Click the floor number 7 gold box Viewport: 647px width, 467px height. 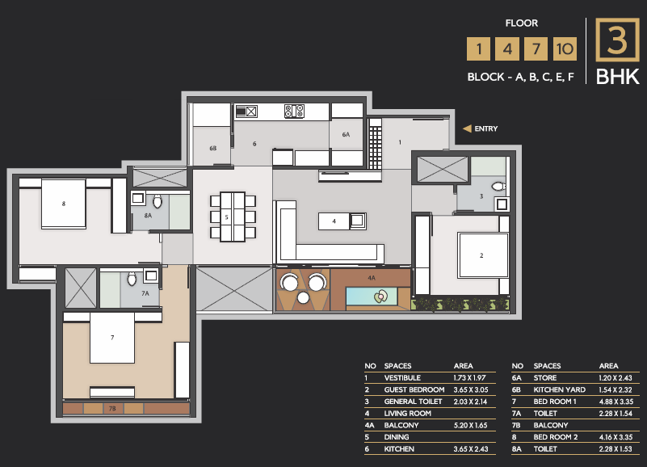click(x=536, y=48)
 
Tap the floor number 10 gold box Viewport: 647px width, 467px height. click(x=565, y=48)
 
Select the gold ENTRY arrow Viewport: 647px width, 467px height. click(x=467, y=128)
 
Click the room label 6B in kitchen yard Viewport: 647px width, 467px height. click(x=213, y=148)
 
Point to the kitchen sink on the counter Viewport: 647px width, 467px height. click(x=246, y=111)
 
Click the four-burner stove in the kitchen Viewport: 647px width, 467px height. click(x=294, y=111)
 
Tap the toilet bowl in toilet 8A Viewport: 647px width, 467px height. click(x=158, y=201)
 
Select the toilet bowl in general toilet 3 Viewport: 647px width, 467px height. click(x=499, y=187)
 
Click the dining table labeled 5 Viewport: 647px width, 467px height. click(x=233, y=217)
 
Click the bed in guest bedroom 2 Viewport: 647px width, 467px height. click(x=483, y=255)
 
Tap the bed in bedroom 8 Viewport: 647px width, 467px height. click(x=64, y=204)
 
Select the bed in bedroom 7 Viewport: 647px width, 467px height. click(x=112, y=338)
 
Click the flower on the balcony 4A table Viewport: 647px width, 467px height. click(x=380, y=296)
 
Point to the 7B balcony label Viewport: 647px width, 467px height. click(x=112, y=409)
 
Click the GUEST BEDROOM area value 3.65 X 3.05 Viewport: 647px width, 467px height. click(x=471, y=389)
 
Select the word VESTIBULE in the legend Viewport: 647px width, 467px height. click(x=402, y=378)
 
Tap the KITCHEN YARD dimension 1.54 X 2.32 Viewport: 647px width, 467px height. click(x=615, y=389)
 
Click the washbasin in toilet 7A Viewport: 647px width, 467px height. click(x=151, y=276)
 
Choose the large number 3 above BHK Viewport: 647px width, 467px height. click(x=617, y=40)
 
